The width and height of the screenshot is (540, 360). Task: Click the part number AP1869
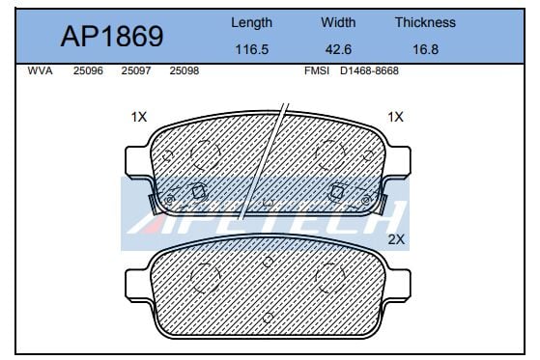[x=112, y=36]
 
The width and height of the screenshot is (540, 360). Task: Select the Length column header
[x=251, y=23]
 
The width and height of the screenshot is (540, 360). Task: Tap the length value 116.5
[x=251, y=49]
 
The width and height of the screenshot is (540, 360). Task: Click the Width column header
[x=338, y=22]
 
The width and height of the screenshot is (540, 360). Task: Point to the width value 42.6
[x=338, y=49]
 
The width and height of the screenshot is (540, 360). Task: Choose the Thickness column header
[x=425, y=22]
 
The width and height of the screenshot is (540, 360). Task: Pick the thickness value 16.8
[x=426, y=49]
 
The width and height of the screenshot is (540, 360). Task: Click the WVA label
[x=40, y=70]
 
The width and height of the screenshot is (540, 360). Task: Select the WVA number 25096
[x=88, y=70]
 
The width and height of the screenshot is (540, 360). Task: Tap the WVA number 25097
[x=136, y=70]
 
